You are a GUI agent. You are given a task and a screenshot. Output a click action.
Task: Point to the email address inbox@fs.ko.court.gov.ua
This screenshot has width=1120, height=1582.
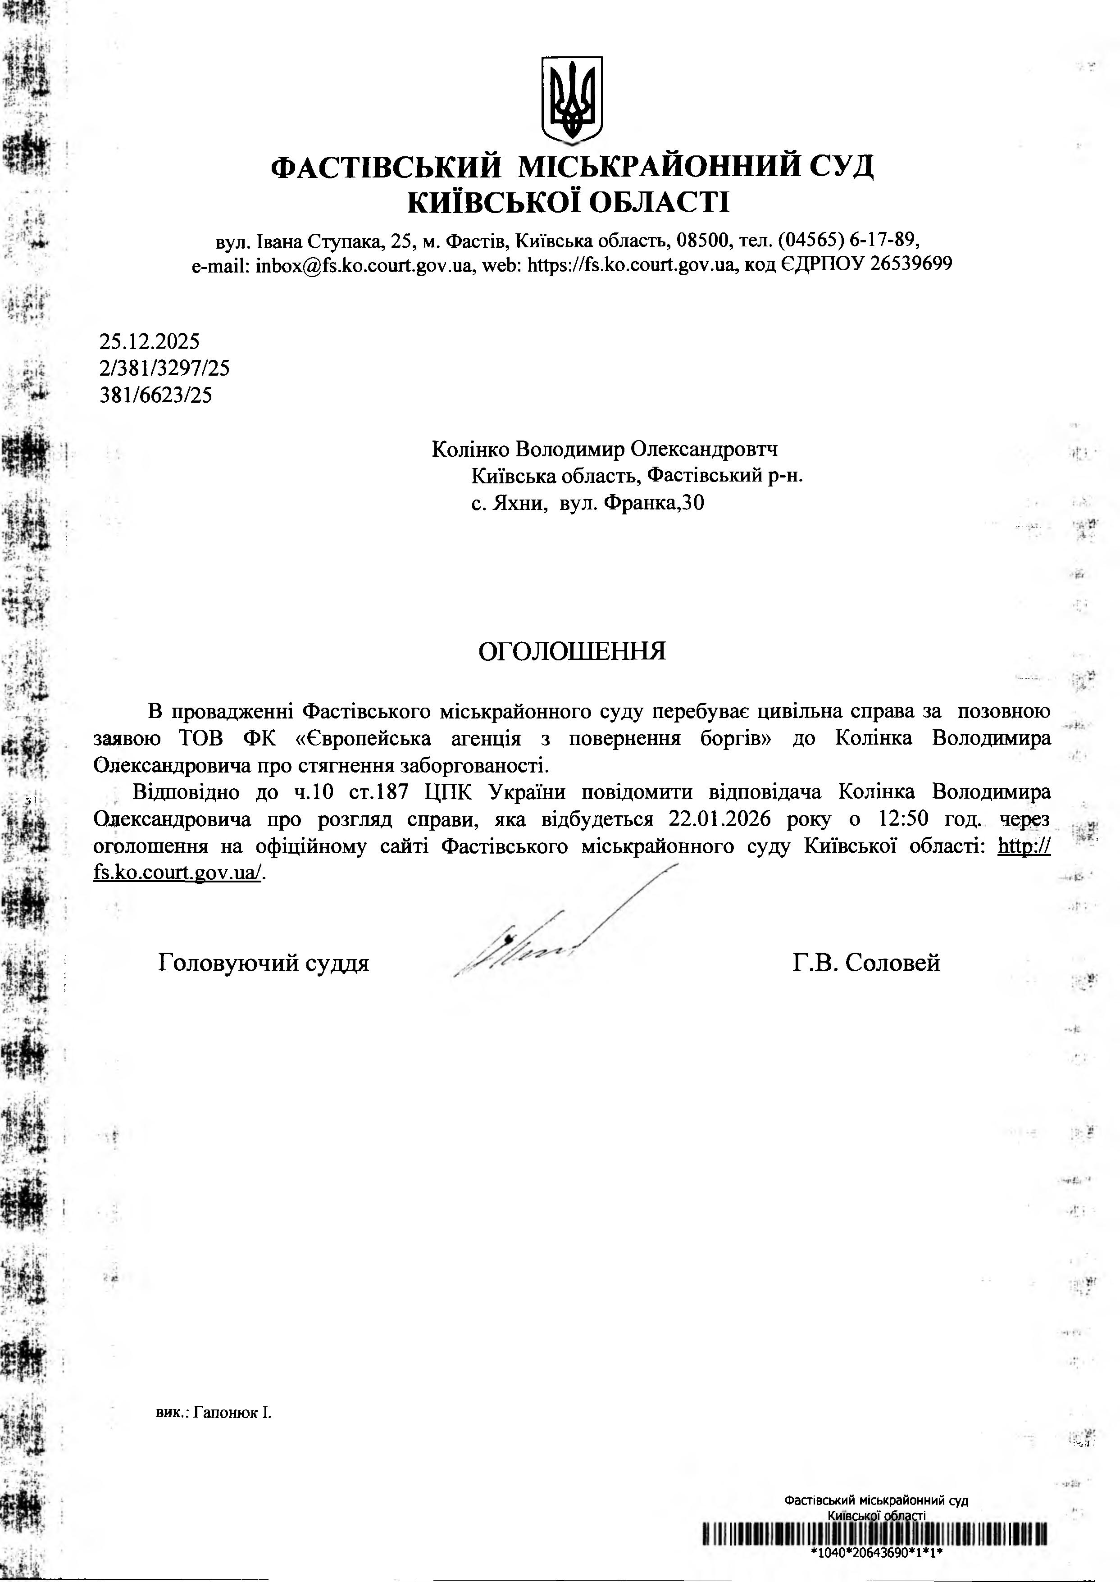tap(364, 265)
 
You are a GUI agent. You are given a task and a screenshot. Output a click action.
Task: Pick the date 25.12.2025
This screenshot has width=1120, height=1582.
tap(149, 341)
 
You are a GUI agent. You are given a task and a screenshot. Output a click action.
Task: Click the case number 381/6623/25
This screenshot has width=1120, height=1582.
tap(155, 395)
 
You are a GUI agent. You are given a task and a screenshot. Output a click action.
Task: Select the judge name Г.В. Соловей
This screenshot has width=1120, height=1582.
tap(866, 963)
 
